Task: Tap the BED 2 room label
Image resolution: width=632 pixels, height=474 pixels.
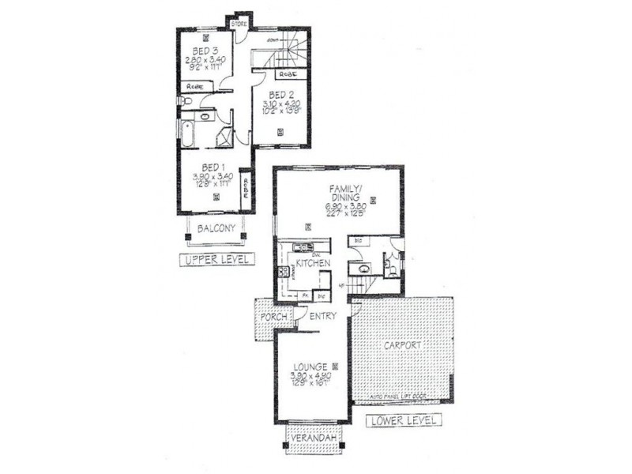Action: (x=280, y=96)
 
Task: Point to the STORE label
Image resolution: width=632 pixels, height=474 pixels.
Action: (x=239, y=24)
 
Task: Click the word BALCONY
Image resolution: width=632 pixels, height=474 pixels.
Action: (x=215, y=228)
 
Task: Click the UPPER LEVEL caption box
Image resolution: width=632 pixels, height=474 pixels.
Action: (x=214, y=259)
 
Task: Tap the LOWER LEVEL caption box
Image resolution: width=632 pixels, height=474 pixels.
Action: (x=403, y=421)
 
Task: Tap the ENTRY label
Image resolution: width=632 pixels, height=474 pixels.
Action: (x=323, y=317)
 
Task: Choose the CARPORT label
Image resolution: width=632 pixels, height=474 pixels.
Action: (x=404, y=346)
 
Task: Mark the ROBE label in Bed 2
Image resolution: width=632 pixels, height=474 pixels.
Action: (x=287, y=73)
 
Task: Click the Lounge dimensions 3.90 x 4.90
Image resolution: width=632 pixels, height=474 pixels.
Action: (x=309, y=376)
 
